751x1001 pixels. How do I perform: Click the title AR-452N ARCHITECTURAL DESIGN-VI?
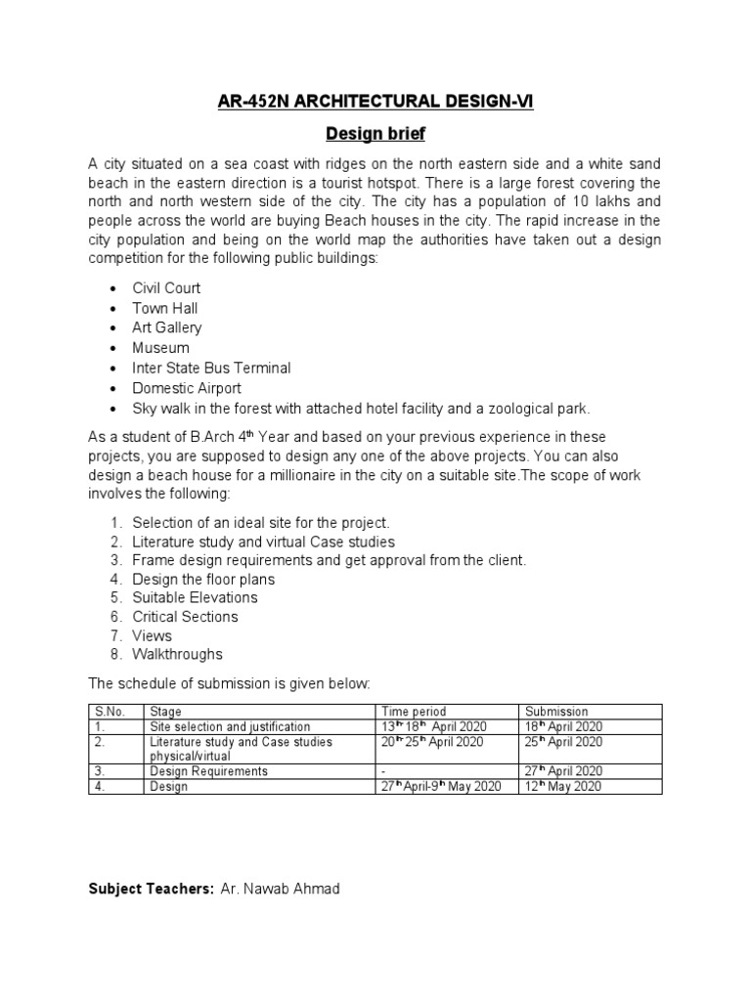point(375,100)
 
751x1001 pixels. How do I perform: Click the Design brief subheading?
point(375,133)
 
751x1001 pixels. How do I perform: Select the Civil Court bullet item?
point(166,289)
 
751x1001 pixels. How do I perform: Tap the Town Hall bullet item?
point(164,309)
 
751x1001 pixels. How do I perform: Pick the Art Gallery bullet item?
point(166,328)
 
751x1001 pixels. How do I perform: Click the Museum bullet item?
point(160,348)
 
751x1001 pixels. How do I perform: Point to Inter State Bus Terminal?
point(211,369)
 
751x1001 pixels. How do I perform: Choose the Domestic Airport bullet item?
point(186,388)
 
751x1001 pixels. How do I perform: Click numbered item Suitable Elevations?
point(195,597)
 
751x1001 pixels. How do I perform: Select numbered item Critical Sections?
point(185,617)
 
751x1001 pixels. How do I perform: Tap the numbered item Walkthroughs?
point(177,654)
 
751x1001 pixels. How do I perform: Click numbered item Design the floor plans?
point(203,579)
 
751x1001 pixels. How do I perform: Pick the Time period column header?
point(414,712)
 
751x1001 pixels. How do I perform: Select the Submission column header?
point(556,712)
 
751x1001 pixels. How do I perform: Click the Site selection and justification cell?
point(230,726)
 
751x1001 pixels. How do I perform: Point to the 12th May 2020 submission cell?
point(563,786)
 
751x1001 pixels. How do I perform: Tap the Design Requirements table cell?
point(208,771)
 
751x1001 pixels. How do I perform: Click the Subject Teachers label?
point(151,890)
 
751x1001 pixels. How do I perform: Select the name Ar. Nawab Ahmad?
point(280,890)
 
